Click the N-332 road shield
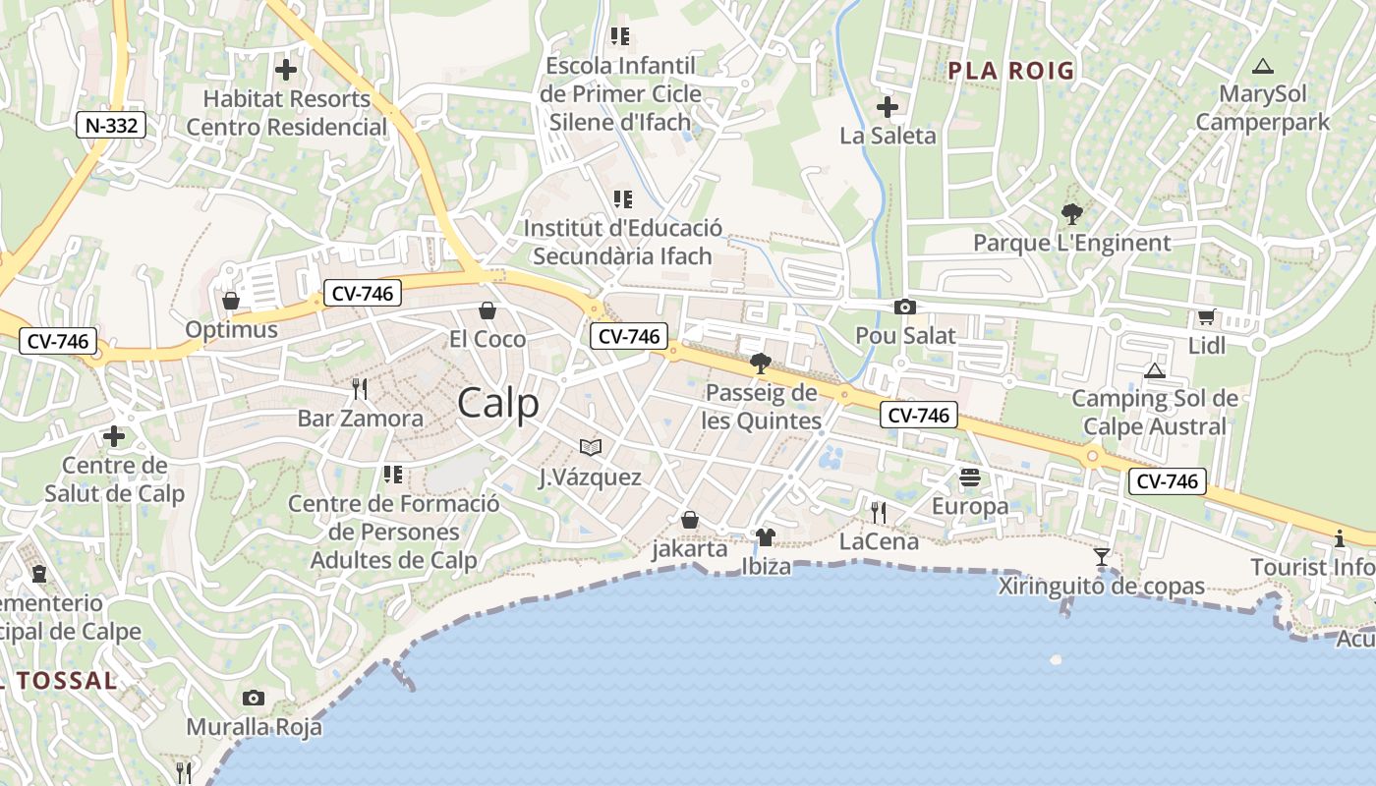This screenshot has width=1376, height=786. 111,125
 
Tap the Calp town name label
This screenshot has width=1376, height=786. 498,403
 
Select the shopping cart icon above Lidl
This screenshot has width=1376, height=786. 1206,316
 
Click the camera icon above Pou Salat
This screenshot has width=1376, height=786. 905,308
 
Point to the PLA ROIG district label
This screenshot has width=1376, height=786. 1011,71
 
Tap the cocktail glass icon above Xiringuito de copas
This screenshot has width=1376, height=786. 1102,557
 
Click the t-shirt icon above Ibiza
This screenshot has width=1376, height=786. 766,537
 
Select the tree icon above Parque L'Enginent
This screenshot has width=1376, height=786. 1071,213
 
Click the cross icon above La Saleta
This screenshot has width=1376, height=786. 888,107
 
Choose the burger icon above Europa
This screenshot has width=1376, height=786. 970,477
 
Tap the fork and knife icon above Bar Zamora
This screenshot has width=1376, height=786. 360,389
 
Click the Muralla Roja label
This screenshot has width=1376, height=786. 255,727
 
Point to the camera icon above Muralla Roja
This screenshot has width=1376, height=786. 254,699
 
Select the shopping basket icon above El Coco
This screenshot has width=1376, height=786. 487,311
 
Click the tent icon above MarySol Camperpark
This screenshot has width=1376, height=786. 1263,67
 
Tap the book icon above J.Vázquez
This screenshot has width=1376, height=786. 590,448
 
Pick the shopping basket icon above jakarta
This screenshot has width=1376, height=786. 690,519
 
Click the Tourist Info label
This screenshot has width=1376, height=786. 1312,567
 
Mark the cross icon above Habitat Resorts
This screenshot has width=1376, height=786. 286,70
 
